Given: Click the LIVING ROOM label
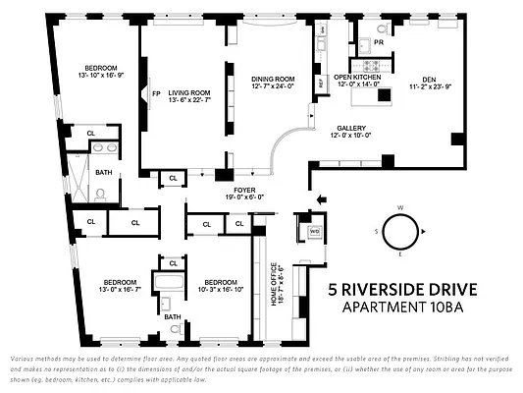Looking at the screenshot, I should [183, 89].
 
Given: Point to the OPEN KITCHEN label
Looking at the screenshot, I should [356, 77].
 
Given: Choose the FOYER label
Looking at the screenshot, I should [244, 189].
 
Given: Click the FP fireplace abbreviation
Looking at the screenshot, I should [155, 93].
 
